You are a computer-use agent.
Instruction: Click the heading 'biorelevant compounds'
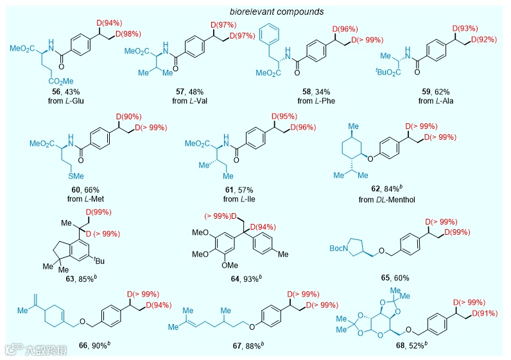pyautogui.click(x=255, y=11)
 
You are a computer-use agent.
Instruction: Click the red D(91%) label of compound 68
pyautogui.click(x=486, y=313)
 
